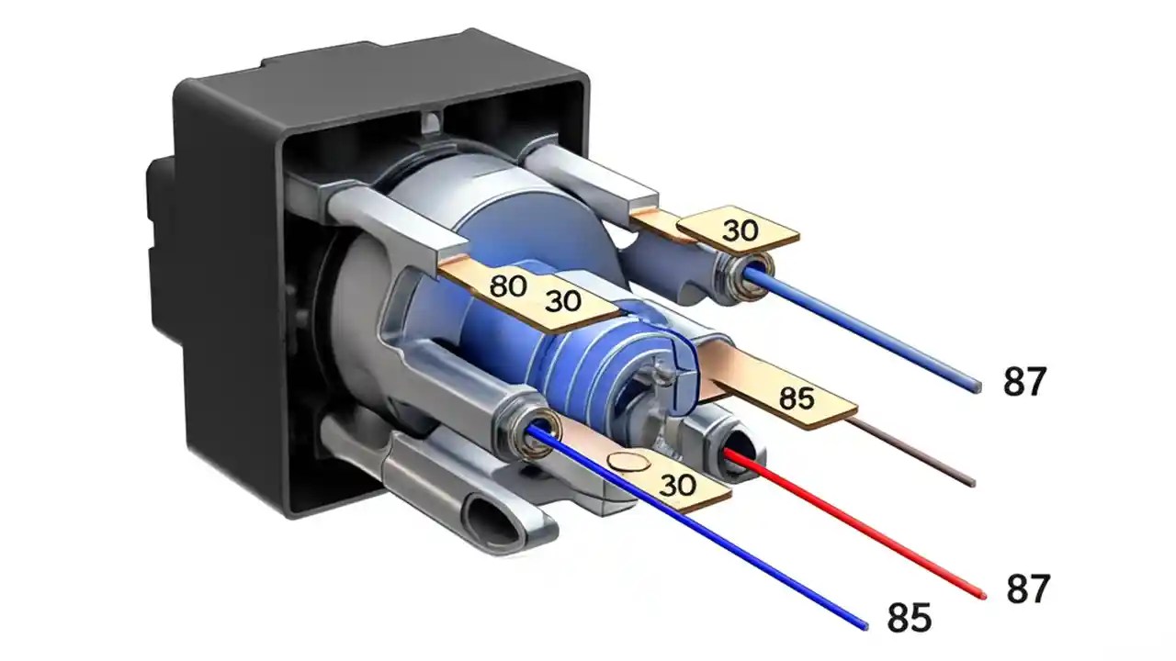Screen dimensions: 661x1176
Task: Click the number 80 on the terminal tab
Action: [507, 286]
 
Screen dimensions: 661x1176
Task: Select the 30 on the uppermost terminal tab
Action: [740, 230]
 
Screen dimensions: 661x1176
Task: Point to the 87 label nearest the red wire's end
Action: [1028, 588]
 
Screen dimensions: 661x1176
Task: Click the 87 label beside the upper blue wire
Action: [1024, 381]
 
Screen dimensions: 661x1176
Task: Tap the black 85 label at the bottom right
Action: [909, 618]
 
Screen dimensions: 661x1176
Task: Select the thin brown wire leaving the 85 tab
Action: [919, 454]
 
